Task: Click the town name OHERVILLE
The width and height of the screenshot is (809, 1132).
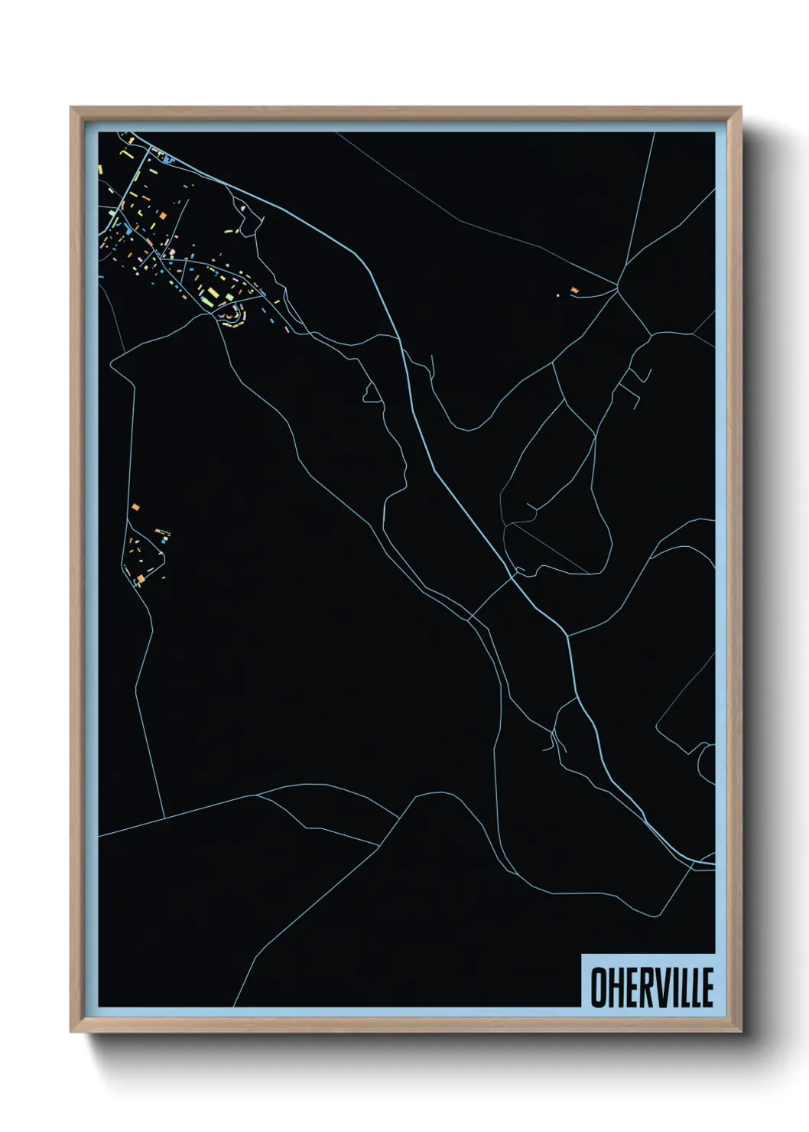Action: point(652,987)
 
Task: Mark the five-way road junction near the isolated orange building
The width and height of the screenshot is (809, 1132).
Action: point(618,287)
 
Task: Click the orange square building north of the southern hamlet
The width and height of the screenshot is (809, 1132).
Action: point(134,506)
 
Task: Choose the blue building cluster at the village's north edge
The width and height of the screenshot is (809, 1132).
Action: point(168,159)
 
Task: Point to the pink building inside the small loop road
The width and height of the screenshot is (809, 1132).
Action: point(244,207)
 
